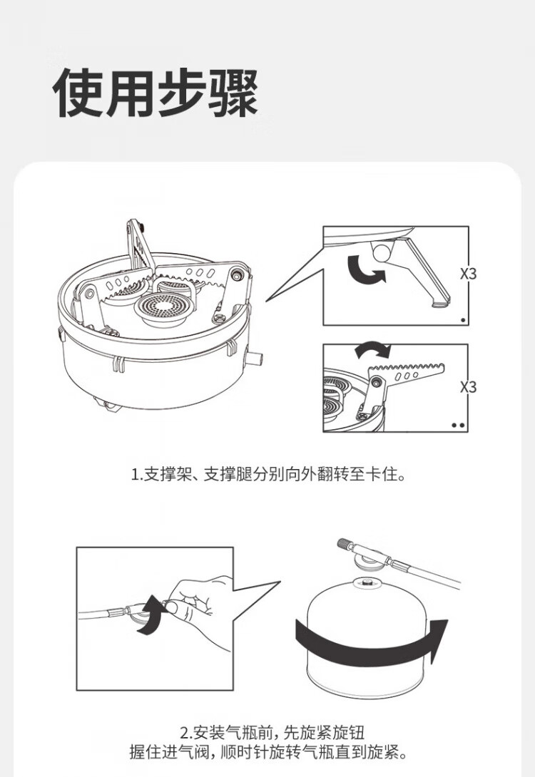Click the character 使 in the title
click(78, 93)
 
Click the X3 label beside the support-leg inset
click(467, 273)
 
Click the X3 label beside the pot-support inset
click(467, 386)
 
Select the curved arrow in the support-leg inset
click(365, 269)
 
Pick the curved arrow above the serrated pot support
click(373, 349)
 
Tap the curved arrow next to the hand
click(151, 616)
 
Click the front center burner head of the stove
click(160, 307)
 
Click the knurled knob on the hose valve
click(345, 544)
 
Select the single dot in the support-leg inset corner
click(463, 320)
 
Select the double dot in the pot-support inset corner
click(459, 425)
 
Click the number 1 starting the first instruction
click(134, 475)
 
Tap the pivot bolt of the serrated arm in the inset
click(377, 381)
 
